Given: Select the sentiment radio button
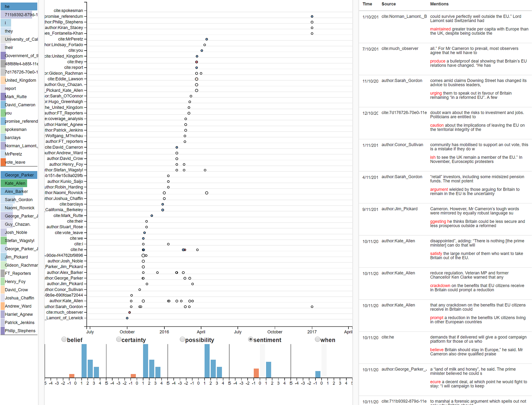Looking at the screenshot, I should pyautogui.click(x=250, y=339).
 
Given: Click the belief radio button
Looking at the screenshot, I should pyautogui.click(x=64, y=339).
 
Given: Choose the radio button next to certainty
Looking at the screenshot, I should pyautogui.click(x=119, y=339).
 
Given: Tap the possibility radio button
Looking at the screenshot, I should pyautogui.click(x=182, y=339).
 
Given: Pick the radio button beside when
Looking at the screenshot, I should pyautogui.click(x=317, y=339).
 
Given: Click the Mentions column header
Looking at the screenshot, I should pyautogui.click(x=439, y=4).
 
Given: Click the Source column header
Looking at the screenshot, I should pyautogui.click(x=388, y=4).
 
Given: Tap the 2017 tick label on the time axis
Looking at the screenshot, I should pyautogui.click(x=312, y=332).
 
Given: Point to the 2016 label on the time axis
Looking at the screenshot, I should pyautogui.click(x=164, y=332).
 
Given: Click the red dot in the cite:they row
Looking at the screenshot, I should pyautogui.click(x=197, y=62).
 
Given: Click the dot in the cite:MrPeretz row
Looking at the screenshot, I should pyautogui.click(x=207, y=39).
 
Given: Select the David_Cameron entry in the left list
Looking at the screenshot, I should pyautogui.click(x=20, y=105).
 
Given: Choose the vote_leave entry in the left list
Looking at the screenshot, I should pyautogui.click(x=15, y=162).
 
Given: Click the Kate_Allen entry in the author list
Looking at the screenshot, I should pyautogui.click(x=15, y=183).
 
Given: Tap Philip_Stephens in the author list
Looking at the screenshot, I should pyautogui.click(x=20, y=331).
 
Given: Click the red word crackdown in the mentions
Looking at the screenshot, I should pyautogui.click(x=440, y=286).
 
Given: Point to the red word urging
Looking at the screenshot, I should pyautogui.click(x=436, y=93).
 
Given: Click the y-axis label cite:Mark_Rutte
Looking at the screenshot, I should pyautogui.click(x=68, y=216).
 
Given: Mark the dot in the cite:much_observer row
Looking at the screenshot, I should pyautogui.click(x=130, y=312).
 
